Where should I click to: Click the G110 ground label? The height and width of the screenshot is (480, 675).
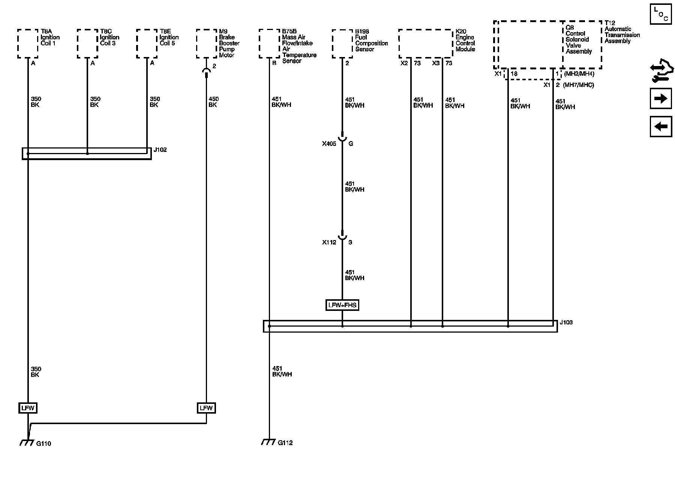43,444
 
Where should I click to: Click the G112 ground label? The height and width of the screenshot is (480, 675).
285,443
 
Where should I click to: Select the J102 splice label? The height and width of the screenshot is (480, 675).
160,150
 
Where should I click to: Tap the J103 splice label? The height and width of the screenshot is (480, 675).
566,322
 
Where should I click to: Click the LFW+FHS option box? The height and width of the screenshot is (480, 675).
342,305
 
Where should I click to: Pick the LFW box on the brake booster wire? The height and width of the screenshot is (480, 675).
206,408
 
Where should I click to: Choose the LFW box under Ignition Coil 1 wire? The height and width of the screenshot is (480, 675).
28,408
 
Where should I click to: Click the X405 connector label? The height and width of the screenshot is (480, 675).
329,144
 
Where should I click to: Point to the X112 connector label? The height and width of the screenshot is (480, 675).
329,242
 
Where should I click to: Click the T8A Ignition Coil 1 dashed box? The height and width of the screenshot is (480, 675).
28,43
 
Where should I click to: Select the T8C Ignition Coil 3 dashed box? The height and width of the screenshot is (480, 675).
87,43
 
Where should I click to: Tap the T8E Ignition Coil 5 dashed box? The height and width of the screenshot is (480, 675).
147,43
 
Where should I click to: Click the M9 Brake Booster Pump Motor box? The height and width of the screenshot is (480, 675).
206,43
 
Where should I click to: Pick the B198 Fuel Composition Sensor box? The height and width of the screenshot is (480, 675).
342,43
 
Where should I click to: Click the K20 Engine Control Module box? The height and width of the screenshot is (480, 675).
426,43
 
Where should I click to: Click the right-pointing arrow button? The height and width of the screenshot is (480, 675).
661,99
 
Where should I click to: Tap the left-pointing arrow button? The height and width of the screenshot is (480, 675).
661,126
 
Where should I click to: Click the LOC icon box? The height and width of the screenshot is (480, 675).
661,14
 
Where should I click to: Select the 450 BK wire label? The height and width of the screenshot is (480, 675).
213,102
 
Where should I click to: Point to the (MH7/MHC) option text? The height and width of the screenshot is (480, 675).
579,85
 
